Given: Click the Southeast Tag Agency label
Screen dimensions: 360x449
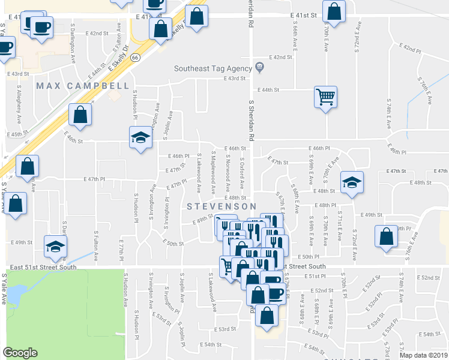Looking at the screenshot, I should [212, 68].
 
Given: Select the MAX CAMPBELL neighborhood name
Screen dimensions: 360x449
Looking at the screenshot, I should [82, 86].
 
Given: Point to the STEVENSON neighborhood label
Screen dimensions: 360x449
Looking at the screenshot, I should [217, 206].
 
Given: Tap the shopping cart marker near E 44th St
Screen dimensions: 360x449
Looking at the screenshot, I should [325, 97].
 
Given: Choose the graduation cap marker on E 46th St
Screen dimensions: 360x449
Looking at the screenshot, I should [140, 138].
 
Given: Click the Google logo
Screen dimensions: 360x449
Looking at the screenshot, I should [20, 353].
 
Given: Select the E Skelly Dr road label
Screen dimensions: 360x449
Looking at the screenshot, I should [119, 59].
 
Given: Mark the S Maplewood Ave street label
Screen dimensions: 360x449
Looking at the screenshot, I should [213, 172].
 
